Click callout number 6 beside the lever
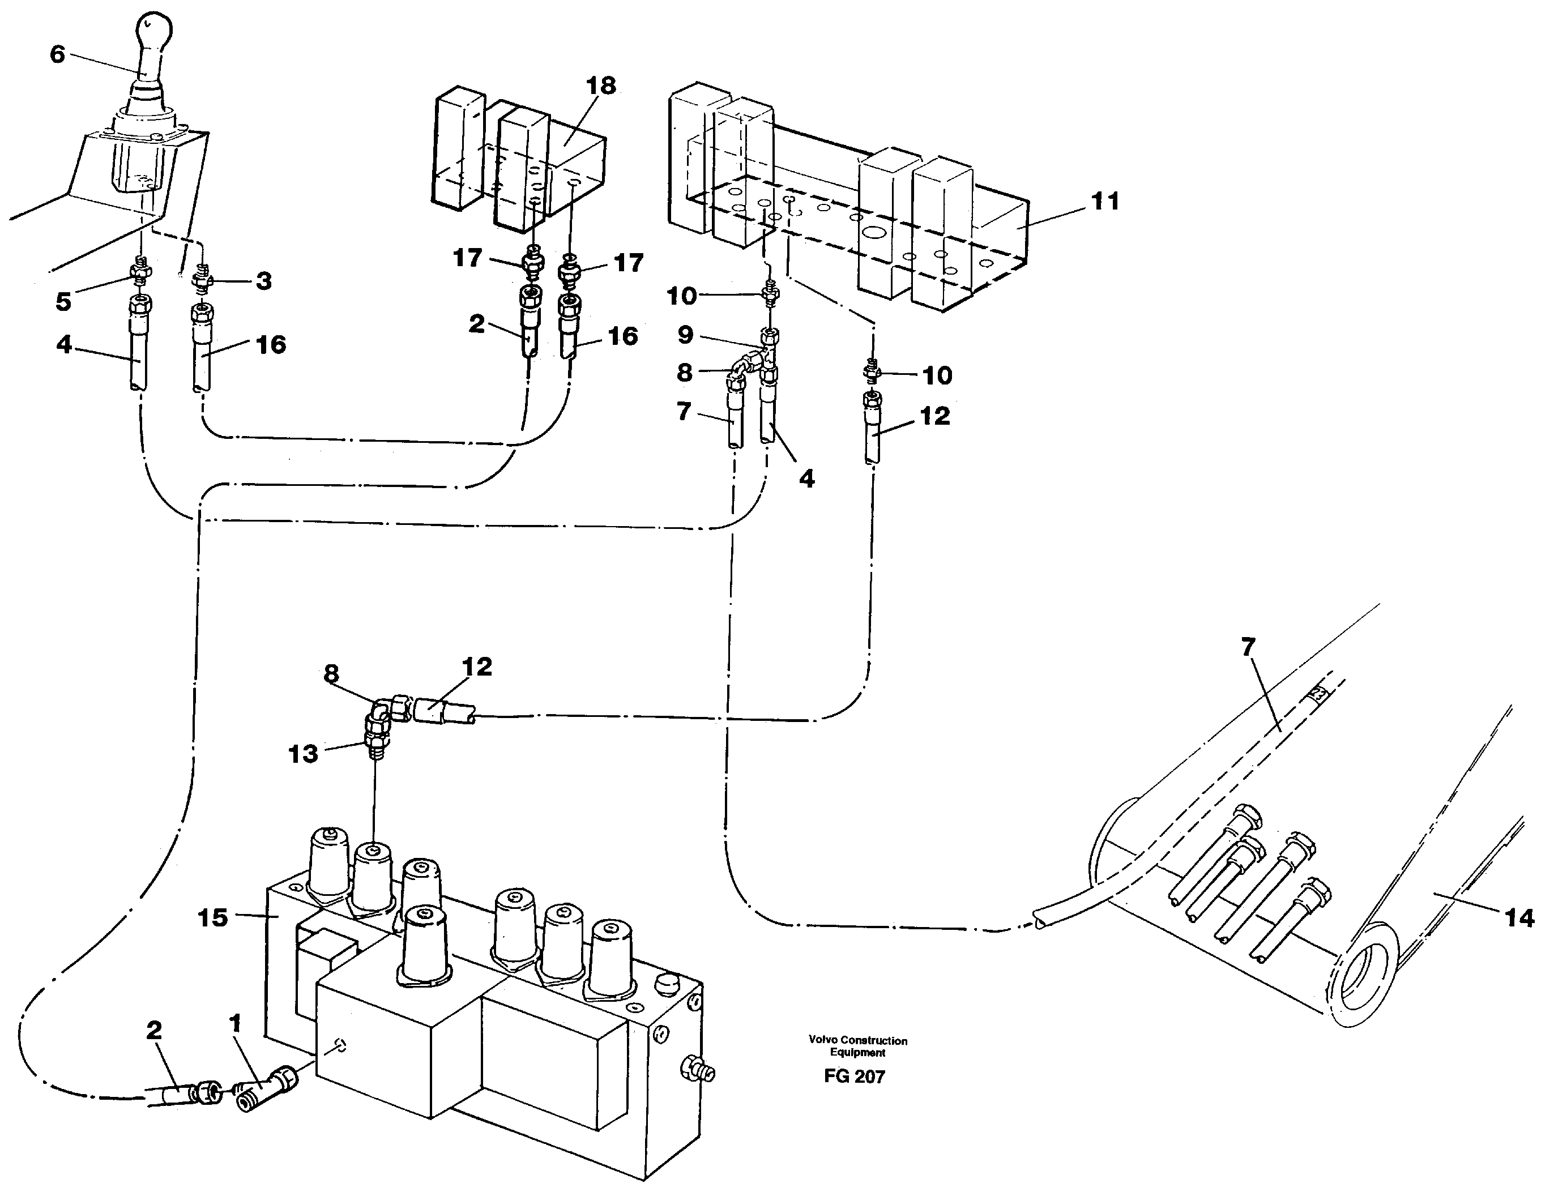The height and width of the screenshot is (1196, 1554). tap(58, 55)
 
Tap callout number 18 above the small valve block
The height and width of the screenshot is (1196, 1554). tap(600, 86)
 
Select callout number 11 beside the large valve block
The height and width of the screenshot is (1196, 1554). tap(1105, 202)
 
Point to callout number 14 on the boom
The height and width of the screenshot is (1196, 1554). tap(1518, 919)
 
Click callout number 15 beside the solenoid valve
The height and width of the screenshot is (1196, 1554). tap(212, 918)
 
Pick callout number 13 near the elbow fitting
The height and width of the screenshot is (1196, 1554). tap(302, 754)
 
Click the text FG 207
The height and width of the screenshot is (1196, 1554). tap(854, 1077)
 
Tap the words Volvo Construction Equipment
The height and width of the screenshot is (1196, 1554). tap(857, 1046)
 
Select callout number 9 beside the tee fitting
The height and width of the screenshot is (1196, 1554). tap(685, 335)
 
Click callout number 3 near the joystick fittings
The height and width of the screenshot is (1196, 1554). tap(264, 281)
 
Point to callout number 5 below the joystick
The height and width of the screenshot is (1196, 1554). tap(63, 302)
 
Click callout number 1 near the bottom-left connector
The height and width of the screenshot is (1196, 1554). tap(236, 1024)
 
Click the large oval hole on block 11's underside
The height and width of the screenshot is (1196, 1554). tap(874, 233)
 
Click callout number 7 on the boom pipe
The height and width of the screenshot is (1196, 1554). tap(1248, 647)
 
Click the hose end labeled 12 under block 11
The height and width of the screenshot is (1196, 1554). tap(872, 430)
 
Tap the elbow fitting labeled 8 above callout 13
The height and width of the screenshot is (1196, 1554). tap(386, 708)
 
